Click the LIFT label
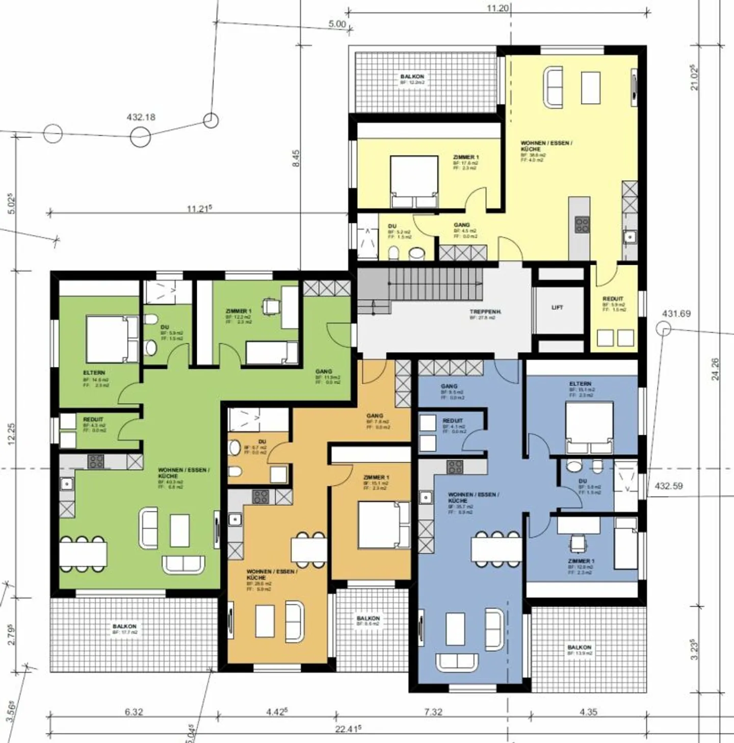(557, 308)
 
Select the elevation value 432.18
(141, 117)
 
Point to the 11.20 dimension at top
(497, 8)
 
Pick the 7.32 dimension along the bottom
(433, 712)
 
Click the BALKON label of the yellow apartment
(412, 77)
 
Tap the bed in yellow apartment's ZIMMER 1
(414, 181)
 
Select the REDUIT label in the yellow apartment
(613, 299)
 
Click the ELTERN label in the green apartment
(94, 373)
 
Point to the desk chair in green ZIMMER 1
(271, 306)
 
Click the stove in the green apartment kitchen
(96, 461)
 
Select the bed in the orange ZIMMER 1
(383, 525)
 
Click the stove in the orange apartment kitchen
(260, 497)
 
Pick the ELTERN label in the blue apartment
(581, 384)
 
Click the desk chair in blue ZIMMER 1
(578, 543)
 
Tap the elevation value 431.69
(676, 314)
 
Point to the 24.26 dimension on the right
(715, 369)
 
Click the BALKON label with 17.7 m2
(124, 626)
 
